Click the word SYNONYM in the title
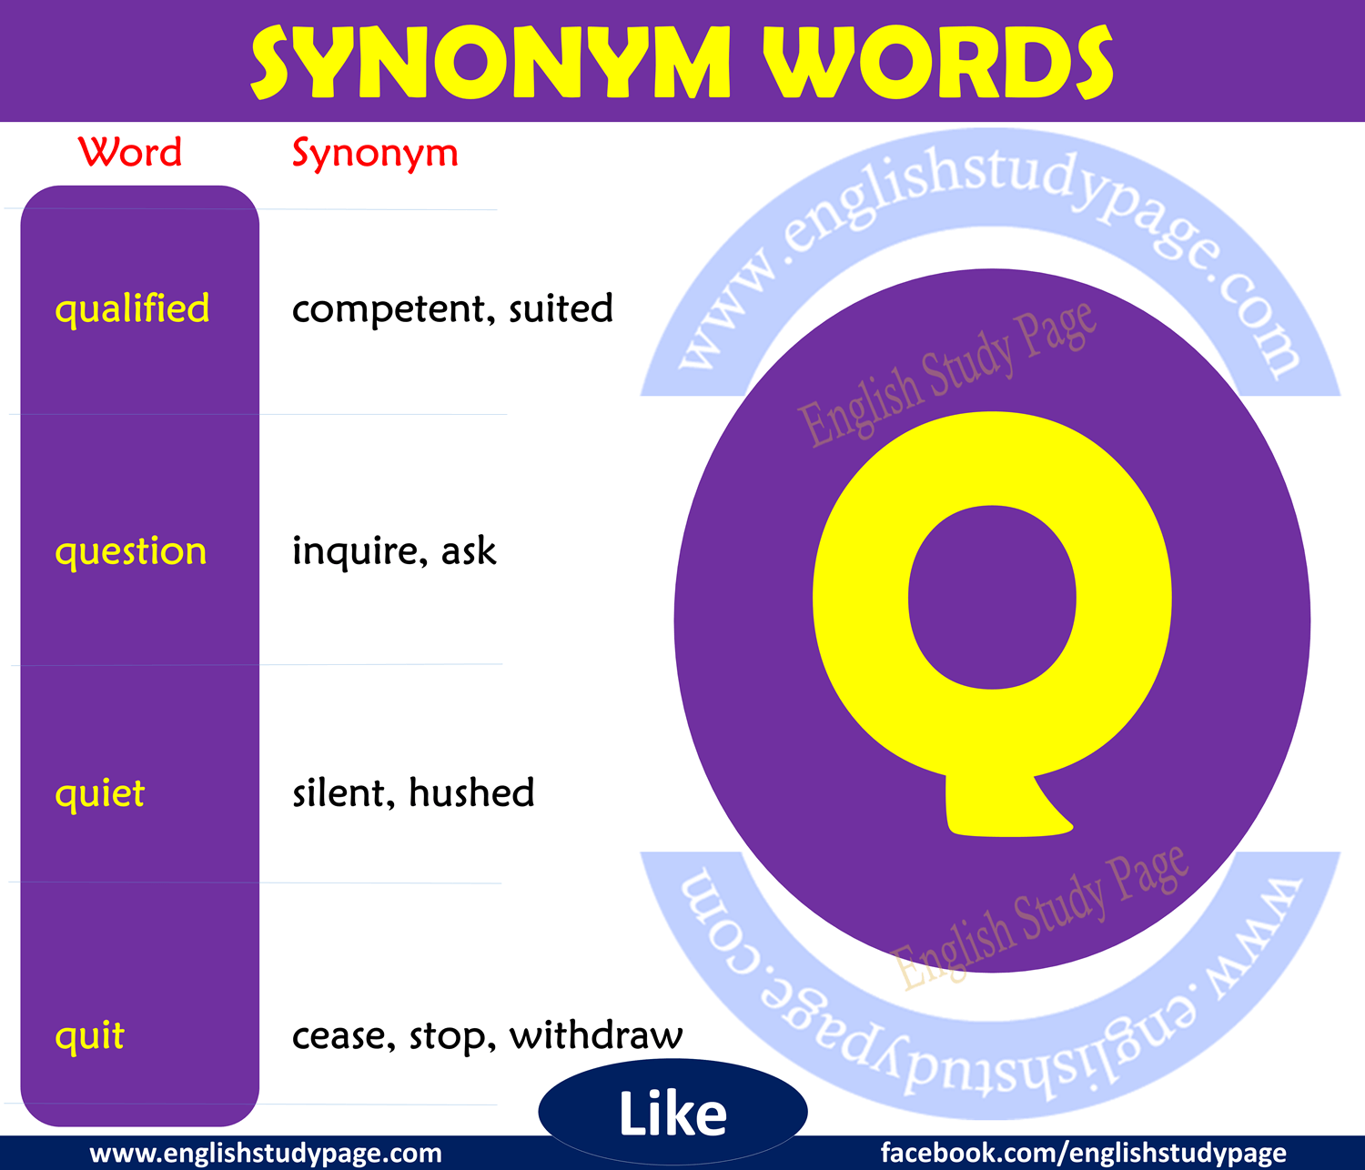pyautogui.click(x=491, y=62)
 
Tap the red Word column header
pyautogui.click(x=130, y=152)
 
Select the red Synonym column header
pyautogui.click(x=375, y=155)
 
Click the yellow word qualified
pyautogui.click(x=132, y=309)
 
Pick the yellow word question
pyautogui.click(x=131, y=552)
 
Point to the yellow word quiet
pyautogui.click(x=100, y=793)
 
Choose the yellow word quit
pyautogui.click(x=90, y=1036)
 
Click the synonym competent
pyautogui.click(x=394, y=309)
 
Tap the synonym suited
pyautogui.click(x=561, y=308)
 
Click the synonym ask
pyautogui.click(x=469, y=550)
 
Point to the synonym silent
pyautogui.click(x=343, y=792)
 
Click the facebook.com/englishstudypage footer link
pyautogui.click(x=1083, y=1153)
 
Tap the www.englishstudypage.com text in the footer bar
pyautogui.click(x=266, y=1154)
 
